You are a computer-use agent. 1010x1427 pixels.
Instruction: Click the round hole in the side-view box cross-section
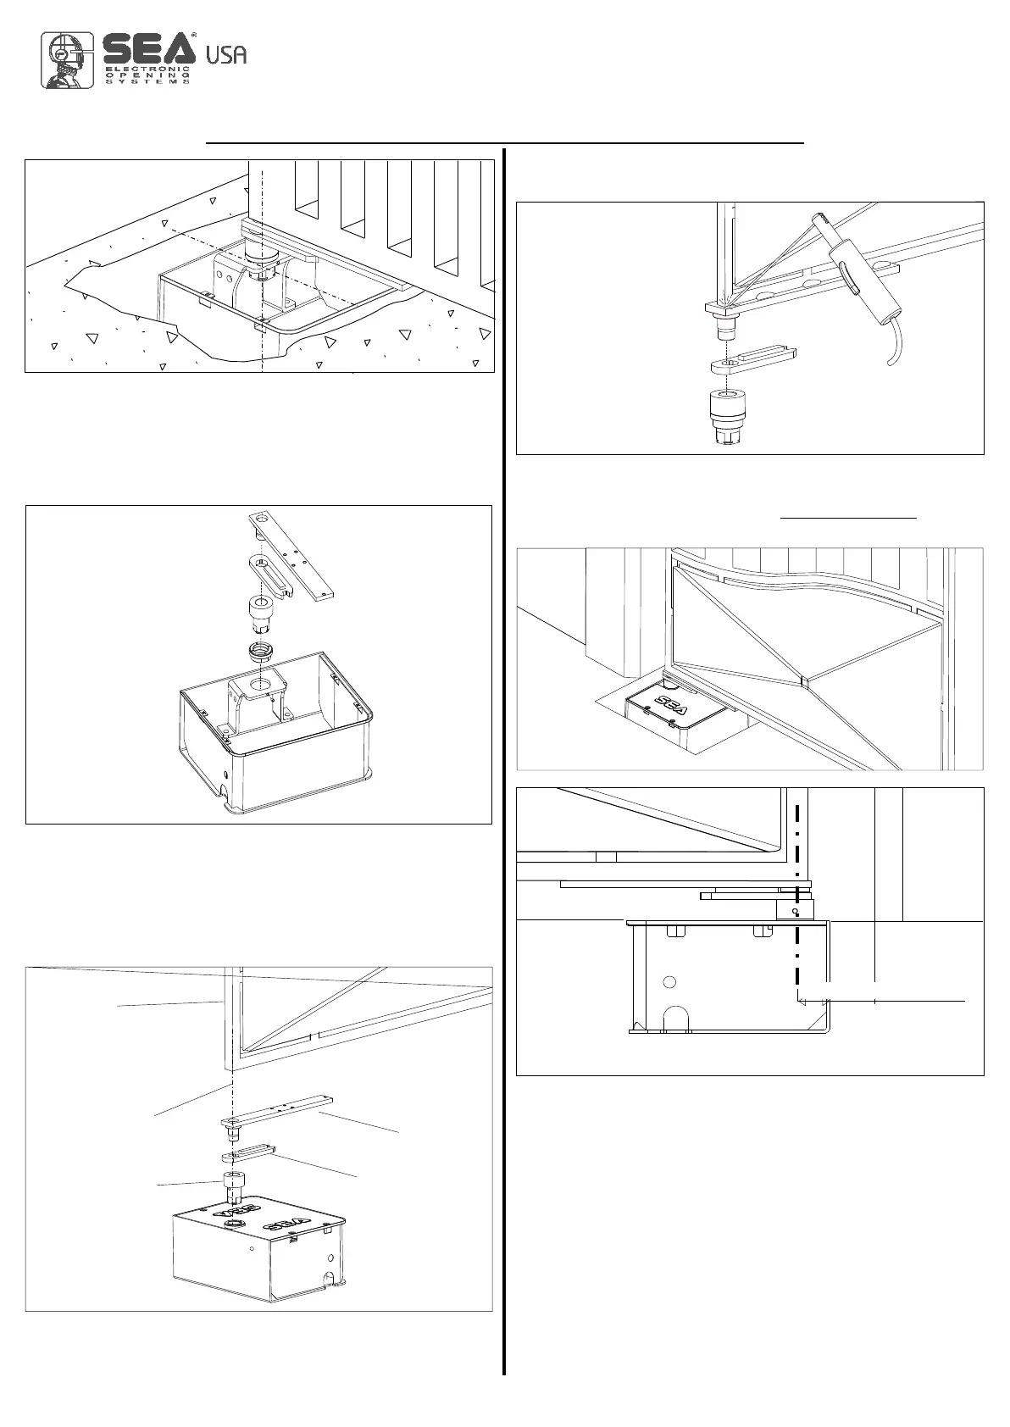point(669,982)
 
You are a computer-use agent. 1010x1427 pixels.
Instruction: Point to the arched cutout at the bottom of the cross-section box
point(676,1017)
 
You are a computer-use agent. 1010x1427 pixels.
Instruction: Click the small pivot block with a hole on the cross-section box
point(795,910)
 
